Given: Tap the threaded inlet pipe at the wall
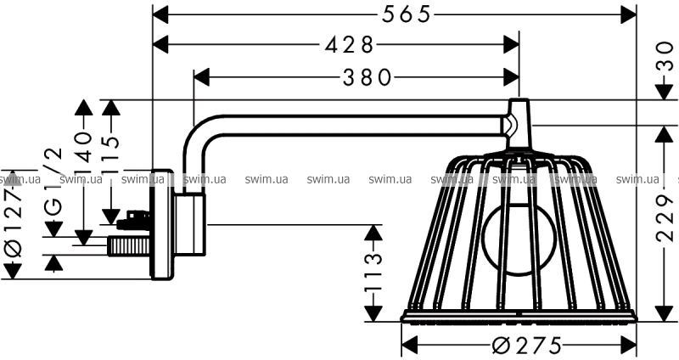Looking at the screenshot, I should click(x=127, y=246).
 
